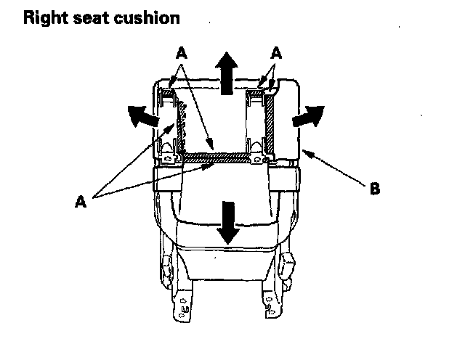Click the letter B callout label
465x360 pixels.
[374, 191]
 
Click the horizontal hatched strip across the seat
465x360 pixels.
[218, 156]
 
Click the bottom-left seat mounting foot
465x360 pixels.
[181, 305]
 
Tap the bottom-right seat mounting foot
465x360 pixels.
[272, 305]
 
